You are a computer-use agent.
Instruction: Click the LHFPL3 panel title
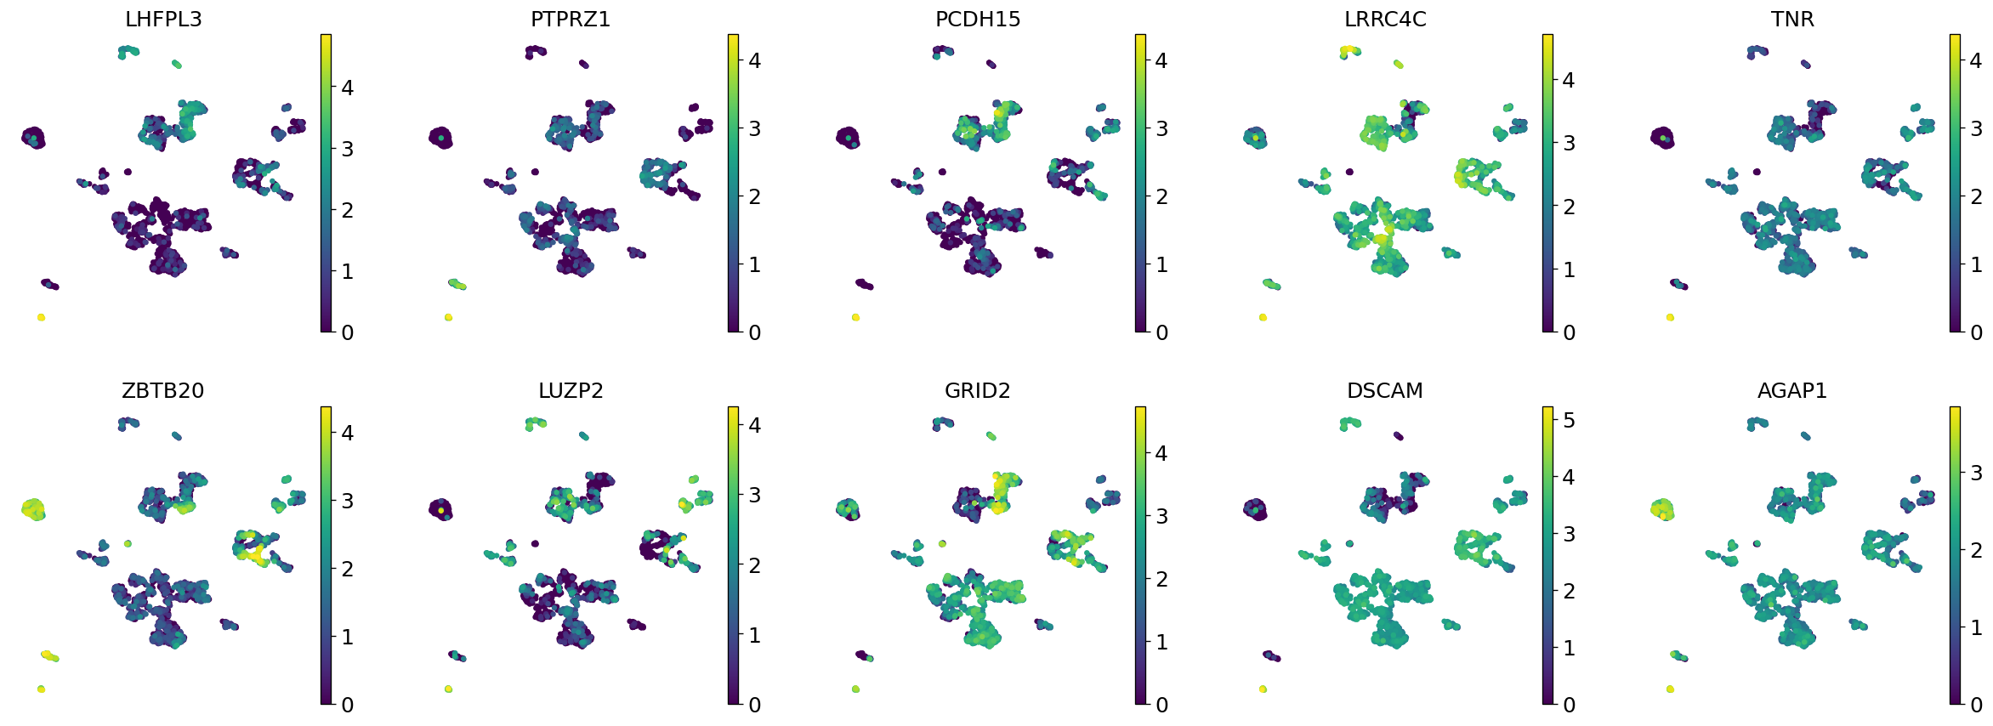(x=163, y=19)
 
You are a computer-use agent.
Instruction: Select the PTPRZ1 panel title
(x=571, y=19)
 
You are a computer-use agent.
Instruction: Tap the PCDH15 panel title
(x=978, y=19)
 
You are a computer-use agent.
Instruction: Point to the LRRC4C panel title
(x=1385, y=19)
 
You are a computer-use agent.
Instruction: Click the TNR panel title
(x=1792, y=19)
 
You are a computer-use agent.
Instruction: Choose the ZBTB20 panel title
(x=163, y=390)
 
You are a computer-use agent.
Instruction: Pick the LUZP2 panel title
(x=571, y=390)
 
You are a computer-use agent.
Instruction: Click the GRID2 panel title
(x=978, y=390)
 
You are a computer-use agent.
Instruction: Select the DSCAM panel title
(x=1385, y=390)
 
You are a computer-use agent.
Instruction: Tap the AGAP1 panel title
(x=1792, y=390)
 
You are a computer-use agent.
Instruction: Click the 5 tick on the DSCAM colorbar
(x=1569, y=420)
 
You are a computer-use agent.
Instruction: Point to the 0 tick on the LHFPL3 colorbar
(x=347, y=332)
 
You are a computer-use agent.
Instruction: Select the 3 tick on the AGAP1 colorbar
(x=1976, y=473)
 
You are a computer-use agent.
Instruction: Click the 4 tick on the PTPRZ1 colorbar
(x=754, y=60)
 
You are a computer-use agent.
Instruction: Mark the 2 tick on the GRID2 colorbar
(x=1161, y=579)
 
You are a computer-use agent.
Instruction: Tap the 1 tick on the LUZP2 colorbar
(x=754, y=635)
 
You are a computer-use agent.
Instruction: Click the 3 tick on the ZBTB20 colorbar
(x=347, y=501)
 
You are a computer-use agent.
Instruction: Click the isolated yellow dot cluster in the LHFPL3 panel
(x=41, y=317)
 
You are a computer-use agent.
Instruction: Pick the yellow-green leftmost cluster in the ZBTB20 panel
(x=34, y=509)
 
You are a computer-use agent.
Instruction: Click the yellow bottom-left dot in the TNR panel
(x=1670, y=317)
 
